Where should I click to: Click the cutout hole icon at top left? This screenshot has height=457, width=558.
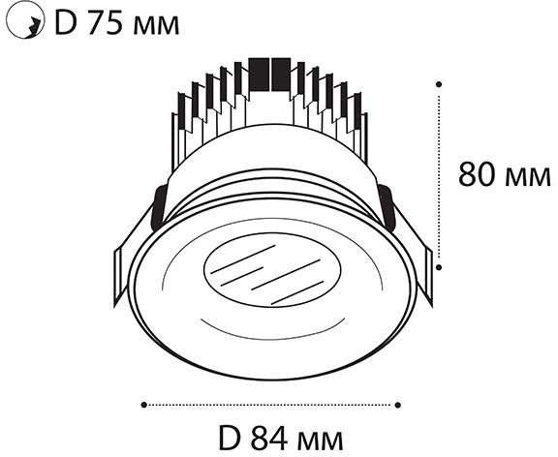point(25,19)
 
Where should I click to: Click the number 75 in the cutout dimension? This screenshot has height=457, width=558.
point(106,24)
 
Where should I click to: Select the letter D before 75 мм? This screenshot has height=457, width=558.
point(66,24)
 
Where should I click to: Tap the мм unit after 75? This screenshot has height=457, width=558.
point(156,27)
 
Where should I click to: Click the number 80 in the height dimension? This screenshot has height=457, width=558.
point(478,174)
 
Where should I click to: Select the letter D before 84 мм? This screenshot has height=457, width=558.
point(230,439)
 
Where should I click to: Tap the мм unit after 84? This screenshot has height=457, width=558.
point(321,442)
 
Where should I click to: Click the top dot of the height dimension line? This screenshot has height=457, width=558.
point(439,84)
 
